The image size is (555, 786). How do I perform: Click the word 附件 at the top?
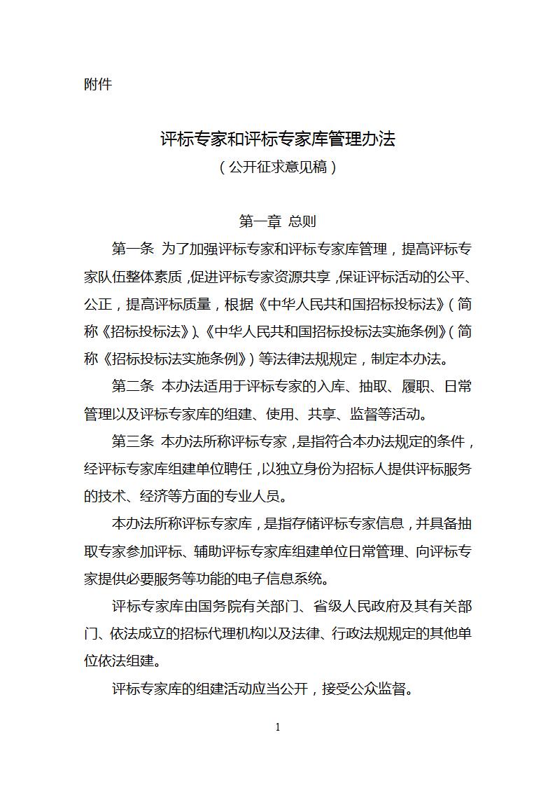tap(97, 85)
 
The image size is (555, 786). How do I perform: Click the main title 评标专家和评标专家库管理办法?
tap(277, 139)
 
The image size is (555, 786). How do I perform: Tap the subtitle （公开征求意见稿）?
tap(277, 167)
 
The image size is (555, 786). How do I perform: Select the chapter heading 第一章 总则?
tap(277, 221)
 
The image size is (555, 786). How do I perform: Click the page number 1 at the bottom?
tap(278, 728)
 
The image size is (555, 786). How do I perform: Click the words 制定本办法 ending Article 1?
tap(409, 359)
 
